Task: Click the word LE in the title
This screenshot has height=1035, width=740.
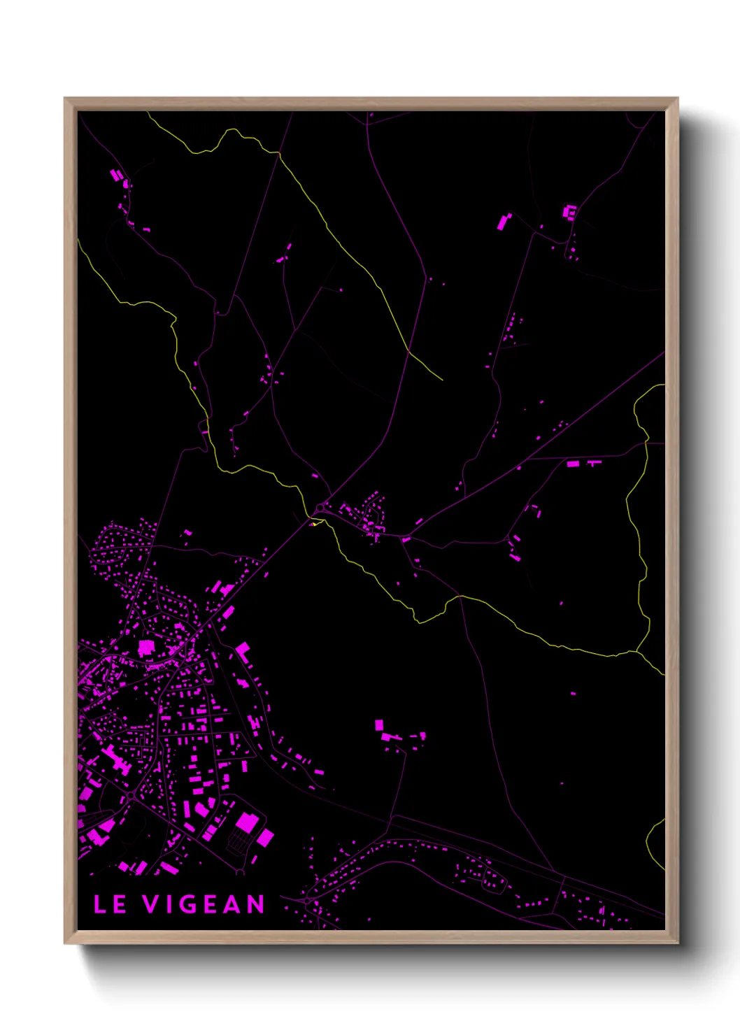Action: pos(110,904)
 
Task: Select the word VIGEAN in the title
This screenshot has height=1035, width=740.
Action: pos(204,904)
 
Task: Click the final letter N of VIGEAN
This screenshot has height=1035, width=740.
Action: pos(255,904)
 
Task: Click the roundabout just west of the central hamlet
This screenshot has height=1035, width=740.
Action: pos(321,506)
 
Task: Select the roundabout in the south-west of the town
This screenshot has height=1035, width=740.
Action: pos(131,796)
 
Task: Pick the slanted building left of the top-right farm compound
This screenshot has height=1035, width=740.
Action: pos(504,221)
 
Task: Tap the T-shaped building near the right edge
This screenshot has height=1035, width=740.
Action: pos(595,462)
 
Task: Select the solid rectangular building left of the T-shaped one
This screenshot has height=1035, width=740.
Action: pos(573,464)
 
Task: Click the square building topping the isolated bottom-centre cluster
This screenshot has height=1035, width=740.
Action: pos(379,725)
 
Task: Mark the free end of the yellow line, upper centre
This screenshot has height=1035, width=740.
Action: pos(443,380)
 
